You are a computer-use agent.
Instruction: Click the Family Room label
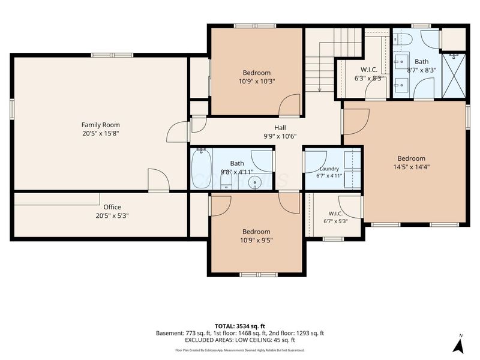pyautogui.click(x=100, y=125)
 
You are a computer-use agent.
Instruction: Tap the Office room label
pyautogui.click(x=112, y=207)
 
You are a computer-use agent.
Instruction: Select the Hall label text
pyautogui.click(x=280, y=128)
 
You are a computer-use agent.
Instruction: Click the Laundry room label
pyautogui.click(x=329, y=169)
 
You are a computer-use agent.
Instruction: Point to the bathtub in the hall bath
pyautogui.click(x=201, y=169)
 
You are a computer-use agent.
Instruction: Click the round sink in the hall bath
pyautogui.click(x=255, y=183)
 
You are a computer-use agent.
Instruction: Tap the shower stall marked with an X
pyautogui.click(x=454, y=76)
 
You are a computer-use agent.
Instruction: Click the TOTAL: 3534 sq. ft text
pyautogui.click(x=239, y=326)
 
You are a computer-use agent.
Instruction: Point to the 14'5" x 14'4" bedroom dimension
pyautogui.click(x=412, y=167)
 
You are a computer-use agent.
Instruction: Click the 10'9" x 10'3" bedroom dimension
pyautogui.click(x=257, y=82)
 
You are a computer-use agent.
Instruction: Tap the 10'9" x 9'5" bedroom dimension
pyautogui.click(x=256, y=241)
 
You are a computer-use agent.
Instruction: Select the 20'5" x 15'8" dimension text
pyautogui.click(x=100, y=133)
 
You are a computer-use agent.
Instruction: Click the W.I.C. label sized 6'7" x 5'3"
pyautogui.click(x=335, y=214)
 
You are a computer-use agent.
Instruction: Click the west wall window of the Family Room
pyautogui.click(x=12, y=109)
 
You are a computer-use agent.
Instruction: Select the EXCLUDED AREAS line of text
pyautogui.click(x=239, y=340)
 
